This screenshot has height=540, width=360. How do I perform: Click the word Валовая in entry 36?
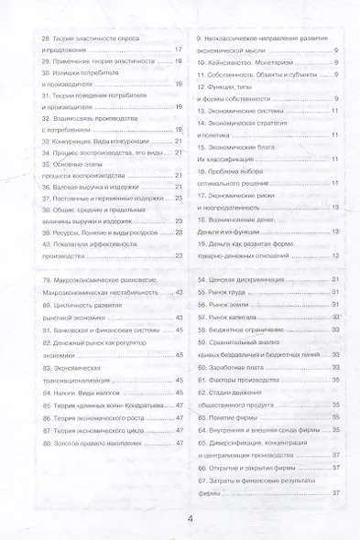59,187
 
